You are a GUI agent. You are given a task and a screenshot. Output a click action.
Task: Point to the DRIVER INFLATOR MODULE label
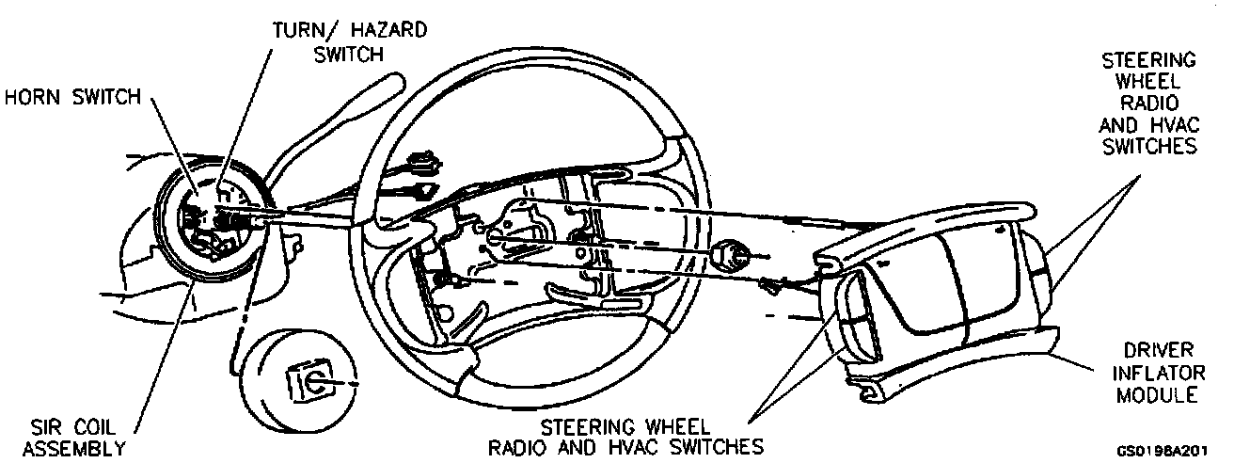pos(1156,373)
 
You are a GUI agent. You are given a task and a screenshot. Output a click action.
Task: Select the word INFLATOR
pos(1156,373)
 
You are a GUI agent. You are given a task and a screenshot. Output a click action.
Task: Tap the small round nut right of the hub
pos(732,254)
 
